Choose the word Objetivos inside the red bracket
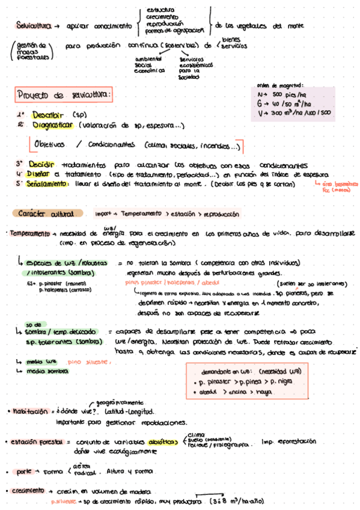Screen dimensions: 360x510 pos(50,146)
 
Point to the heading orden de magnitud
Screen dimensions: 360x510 pos(281,85)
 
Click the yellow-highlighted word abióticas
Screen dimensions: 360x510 pos(163,441)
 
